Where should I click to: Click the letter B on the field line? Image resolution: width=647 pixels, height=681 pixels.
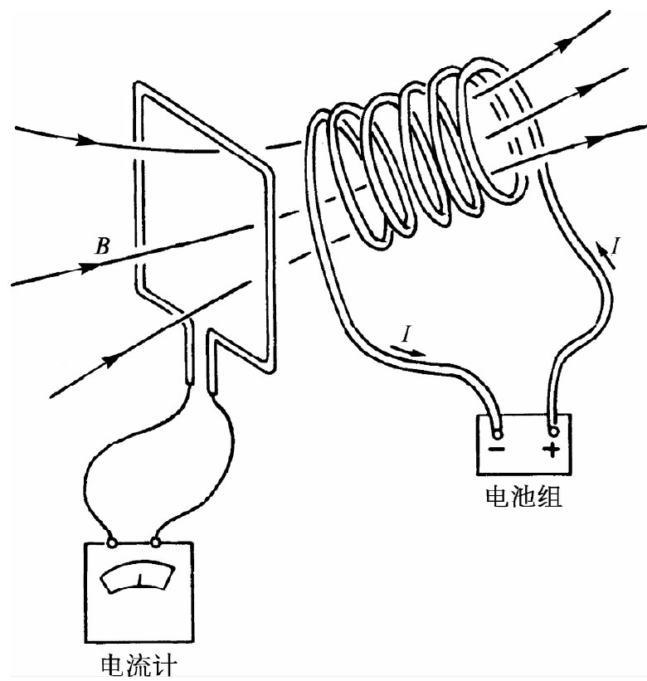(x=102, y=246)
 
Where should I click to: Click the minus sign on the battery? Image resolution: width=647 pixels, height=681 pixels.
(x=497, y=450)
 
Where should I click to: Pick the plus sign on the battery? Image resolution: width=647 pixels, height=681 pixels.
(x=552, y=450)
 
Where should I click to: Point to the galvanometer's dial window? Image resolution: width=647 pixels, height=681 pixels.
(x=139, y=577)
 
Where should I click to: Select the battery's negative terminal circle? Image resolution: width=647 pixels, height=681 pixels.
(x=497, y=433)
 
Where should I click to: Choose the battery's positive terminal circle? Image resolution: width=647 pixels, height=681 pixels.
(x=552, y=431)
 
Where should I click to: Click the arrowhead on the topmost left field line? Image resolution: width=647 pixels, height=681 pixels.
(x=84, y=139)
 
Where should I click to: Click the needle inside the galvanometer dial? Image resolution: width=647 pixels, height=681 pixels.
(x=140, y=577)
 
